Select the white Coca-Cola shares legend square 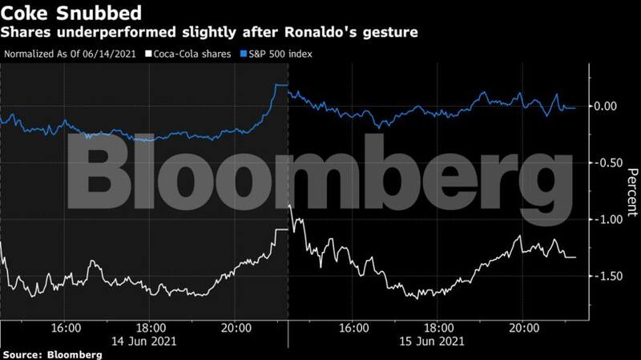[x=143, y=55]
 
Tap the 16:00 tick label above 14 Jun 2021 [x=65, y=328]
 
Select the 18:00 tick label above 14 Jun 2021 [x=150, y=328]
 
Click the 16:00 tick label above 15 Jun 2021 [x=353, y=328]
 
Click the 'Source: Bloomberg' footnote [x=51, y=354]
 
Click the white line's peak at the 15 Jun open [x=289, y=206]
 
